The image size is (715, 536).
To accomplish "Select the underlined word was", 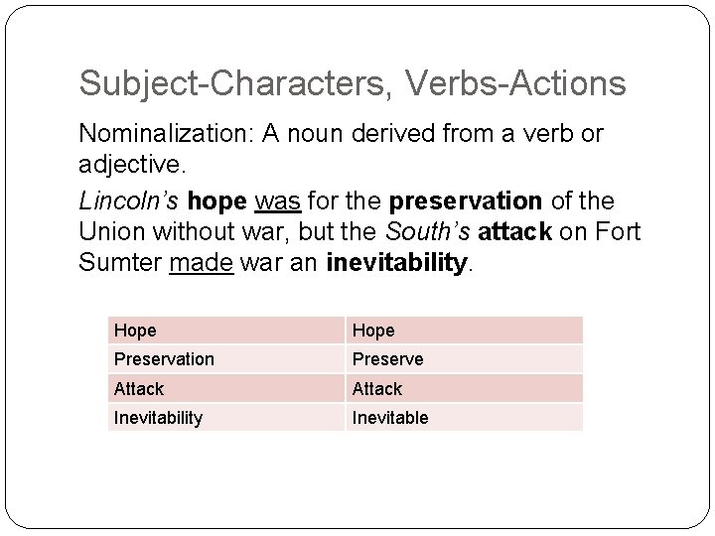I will (x=276, y=201).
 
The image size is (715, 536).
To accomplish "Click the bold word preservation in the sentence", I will (x=466, y=201).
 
